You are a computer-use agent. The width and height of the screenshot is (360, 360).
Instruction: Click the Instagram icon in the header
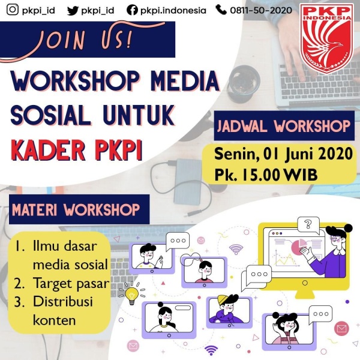coord(13,10)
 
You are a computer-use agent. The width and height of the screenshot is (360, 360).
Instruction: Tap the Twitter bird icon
coord(73,11)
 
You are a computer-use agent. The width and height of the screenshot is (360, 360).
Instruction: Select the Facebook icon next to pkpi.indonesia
coord(132,10)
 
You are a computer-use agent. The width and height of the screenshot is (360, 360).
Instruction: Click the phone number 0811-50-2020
coord(261,10)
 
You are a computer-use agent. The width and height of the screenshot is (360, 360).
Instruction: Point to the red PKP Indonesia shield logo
coord(327,38)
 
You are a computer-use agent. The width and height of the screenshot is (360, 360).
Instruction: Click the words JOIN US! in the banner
coord(85,41)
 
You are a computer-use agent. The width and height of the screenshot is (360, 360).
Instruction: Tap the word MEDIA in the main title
coord(185,81)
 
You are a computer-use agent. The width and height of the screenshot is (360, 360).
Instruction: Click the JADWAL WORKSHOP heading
coord(284,126)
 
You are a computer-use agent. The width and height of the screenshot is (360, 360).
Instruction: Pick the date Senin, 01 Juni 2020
coord(283,154)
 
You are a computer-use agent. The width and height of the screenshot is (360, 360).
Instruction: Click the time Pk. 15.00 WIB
coord(266,175)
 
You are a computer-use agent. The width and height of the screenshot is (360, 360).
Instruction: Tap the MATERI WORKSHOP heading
coord(76,209)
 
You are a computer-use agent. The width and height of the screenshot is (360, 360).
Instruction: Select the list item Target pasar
coord(71,283)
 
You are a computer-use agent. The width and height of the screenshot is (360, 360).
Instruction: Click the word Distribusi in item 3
coord(63,301)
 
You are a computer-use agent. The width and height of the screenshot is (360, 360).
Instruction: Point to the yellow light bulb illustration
coord(132,295)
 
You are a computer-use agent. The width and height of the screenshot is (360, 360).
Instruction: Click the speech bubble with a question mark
coord(308,224)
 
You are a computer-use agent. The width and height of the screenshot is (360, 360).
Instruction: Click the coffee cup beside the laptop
coord(244,84)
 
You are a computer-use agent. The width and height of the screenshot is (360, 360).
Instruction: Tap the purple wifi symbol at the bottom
coord(211,350)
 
